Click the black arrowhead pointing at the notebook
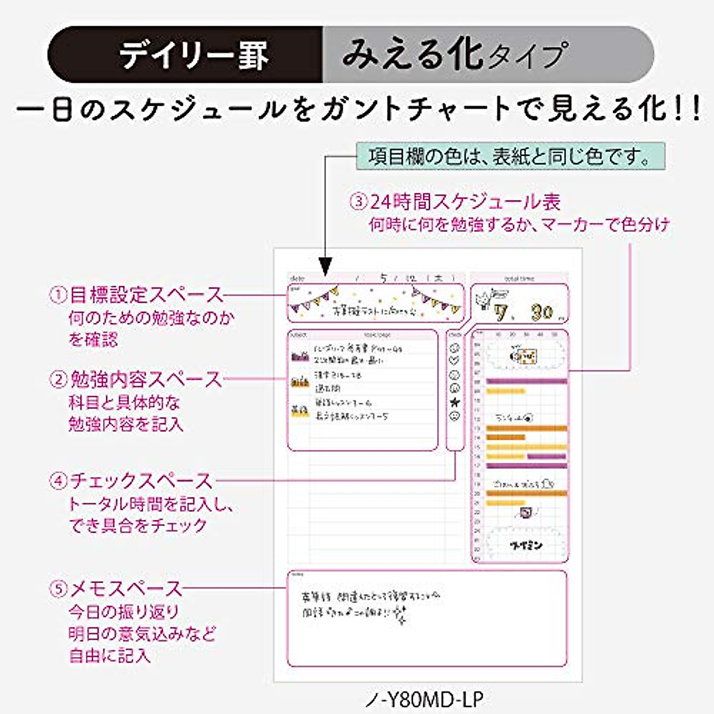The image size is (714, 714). pos(325,265)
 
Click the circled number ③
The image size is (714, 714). pos(359,202)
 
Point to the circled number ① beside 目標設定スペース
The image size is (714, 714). pos(58,295)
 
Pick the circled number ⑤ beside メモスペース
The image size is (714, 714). pos(58,589)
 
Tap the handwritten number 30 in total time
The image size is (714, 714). pos(541,312)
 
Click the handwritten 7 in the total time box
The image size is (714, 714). pos(502,313)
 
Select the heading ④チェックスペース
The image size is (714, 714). pos(131,481)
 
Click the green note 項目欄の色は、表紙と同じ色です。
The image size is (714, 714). pos(509,157)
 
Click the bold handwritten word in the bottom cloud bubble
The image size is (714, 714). pos(526,544)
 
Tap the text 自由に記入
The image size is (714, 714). pos(109,656)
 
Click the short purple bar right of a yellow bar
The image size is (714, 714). pos(547,456)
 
